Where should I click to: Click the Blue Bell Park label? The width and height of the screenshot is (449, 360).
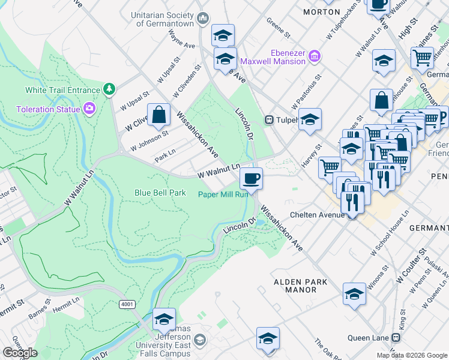[160, 193]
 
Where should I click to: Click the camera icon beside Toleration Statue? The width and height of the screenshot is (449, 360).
[89, 109]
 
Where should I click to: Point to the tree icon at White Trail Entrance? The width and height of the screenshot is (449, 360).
[109, 90]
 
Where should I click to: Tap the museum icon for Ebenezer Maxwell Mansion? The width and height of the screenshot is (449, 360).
[314, 56]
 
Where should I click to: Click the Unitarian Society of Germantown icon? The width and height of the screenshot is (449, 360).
[202, 19]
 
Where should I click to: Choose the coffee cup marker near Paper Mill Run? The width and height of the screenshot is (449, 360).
[251, 178]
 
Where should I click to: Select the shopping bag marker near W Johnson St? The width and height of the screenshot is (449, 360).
[159, 115]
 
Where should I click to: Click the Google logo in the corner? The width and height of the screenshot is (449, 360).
[20, 353]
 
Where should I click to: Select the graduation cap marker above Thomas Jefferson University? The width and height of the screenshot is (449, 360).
[163, 319]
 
